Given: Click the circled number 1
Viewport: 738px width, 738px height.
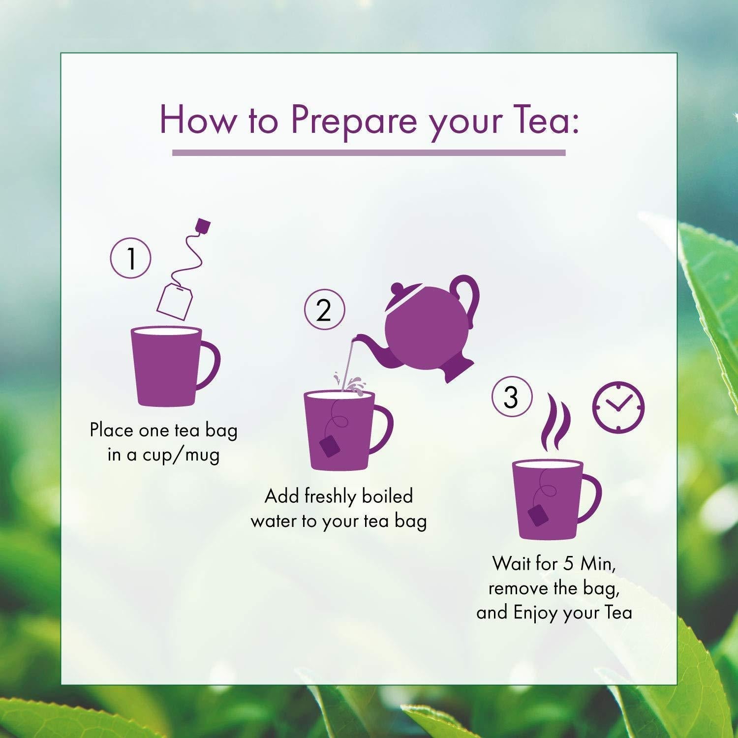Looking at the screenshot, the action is [x=130, y=258].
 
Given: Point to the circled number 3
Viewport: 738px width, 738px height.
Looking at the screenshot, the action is [x=512, y=397].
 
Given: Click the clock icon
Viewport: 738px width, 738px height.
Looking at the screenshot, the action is [x=618, y=408].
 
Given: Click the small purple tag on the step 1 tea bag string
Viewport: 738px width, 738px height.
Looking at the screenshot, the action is [x=203, y=225].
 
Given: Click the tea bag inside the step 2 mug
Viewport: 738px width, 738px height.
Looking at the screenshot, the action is [x=329, y=446].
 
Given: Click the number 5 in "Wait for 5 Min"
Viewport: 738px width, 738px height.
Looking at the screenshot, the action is [x=568, y=564].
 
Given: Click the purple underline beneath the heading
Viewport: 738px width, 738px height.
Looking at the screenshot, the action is [x=369, y=153].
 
